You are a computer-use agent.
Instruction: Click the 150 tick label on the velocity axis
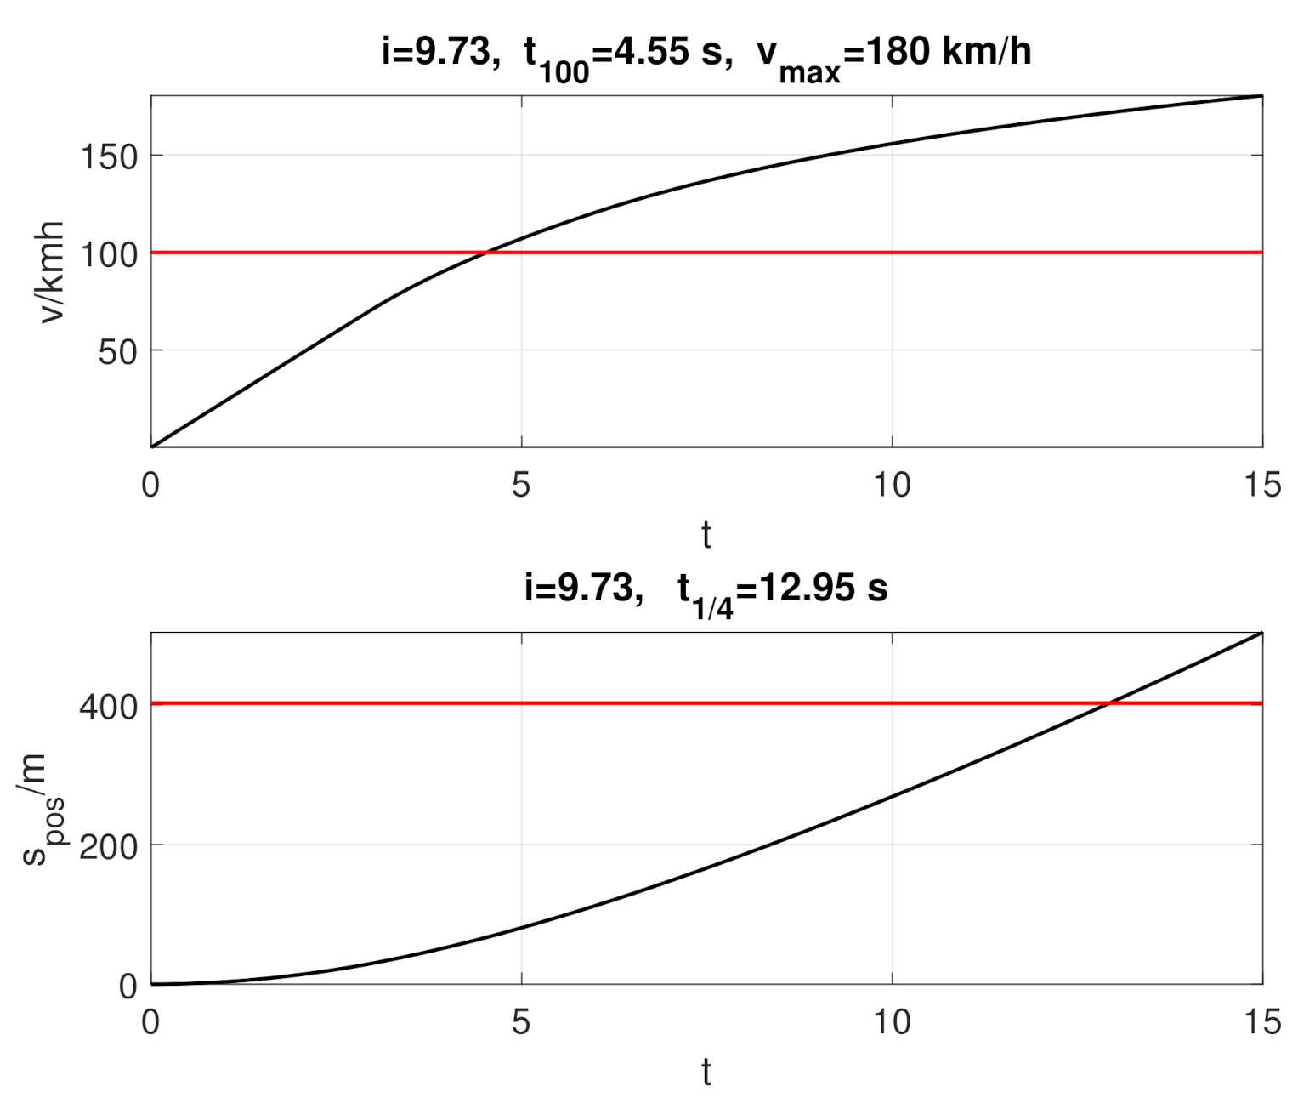tap(108, 157)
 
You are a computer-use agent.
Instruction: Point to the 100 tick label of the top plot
tap(108, 254)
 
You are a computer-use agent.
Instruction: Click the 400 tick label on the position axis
tap(108, 706)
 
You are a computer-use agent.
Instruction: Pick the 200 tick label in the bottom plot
tap(108, 847)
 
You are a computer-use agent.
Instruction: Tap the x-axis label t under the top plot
tap(706, 536)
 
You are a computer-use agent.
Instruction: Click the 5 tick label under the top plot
tap(521, 486)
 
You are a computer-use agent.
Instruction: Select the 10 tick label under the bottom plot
tap(892, 1022)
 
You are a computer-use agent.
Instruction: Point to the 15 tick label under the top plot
tap(1261, 486)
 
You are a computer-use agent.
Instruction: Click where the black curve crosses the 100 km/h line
tap(485, 253)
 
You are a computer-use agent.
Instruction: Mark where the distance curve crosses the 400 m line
tap(1109, 703)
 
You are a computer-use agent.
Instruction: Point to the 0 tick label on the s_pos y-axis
tap(128, 987)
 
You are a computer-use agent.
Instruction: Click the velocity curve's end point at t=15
tap(1261, 96)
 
